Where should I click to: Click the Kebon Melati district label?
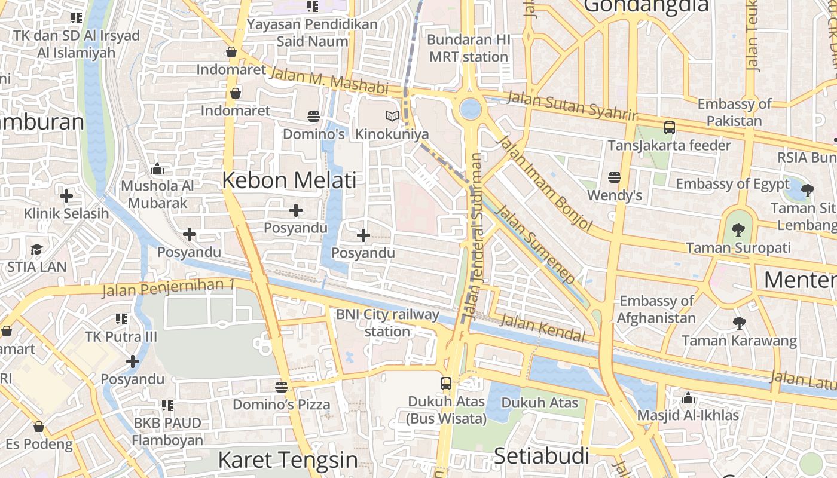click(289, 180)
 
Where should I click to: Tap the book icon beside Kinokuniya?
click(392, 116)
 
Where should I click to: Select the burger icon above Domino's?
click(314, 116)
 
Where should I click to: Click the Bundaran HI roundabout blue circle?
click(471, 109)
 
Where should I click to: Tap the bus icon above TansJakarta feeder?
click(670, 127)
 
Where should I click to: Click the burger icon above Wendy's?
click(614, 177)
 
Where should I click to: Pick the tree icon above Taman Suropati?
click(738, 229)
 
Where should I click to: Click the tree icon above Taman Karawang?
click(740, 323)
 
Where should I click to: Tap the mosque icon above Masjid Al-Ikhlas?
click(688, 398)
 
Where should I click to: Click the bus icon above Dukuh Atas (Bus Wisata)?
click(446, 384)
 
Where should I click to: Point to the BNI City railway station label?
click(387, 323)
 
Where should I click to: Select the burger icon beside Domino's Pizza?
click(282, 387)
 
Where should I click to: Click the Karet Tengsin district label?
click(288, 460)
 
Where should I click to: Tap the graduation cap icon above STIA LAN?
click(36, 249)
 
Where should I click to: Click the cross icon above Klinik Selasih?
click(66, 195)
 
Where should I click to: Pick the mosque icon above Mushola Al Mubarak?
click(157, 169)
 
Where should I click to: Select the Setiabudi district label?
click(541, 456)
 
